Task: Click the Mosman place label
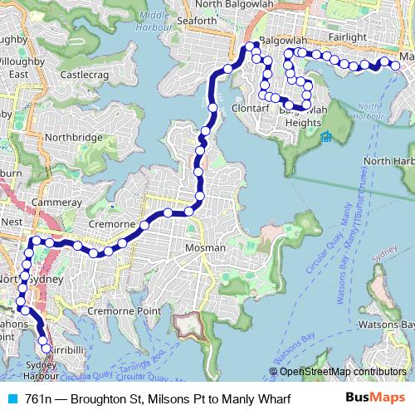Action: pyautogui.click(x=205, y=248)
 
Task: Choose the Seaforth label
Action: pyautogui.click(x=197, y=22)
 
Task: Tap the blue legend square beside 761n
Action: pyautogui.click(x=11, y=399)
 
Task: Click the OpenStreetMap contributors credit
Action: pyautogui.click(x=343, y=372)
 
